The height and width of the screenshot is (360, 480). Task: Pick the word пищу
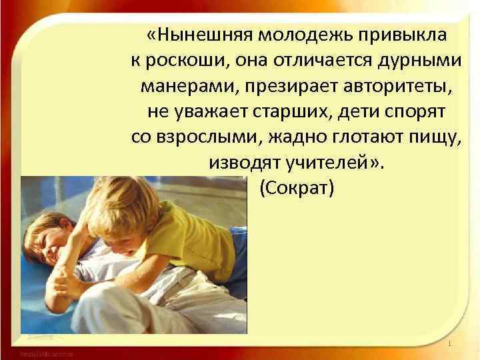(435, 138)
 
